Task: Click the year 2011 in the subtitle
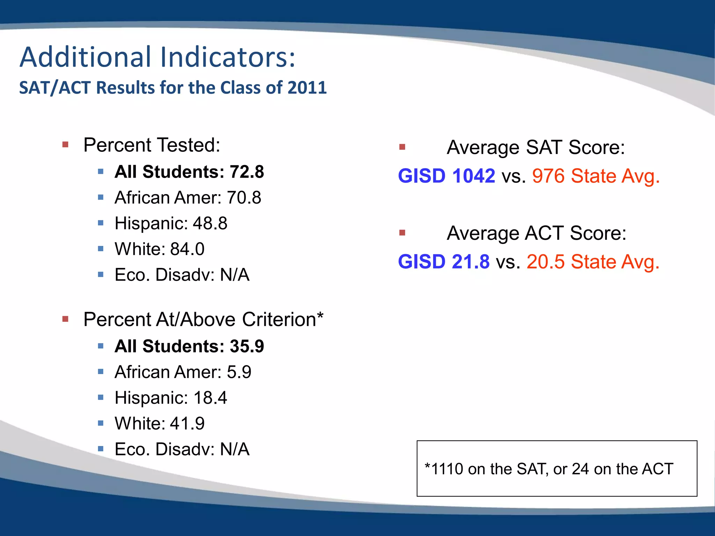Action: tap(307, 88)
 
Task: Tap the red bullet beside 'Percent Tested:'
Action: tap(65, 144)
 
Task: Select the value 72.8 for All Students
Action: tap(246, 172)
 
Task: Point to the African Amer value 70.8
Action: tap(244, 198)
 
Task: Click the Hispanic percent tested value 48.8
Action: tap(210, 223)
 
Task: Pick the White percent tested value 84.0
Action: tap(187, 249)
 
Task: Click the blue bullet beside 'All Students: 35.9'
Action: tap(101, 346)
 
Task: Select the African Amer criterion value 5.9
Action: tap(239, 372)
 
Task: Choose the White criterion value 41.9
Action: tap(187, 424)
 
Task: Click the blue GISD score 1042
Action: tap(473, 176)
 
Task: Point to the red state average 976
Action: tap(548, 176)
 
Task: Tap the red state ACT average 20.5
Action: tap(545, 262)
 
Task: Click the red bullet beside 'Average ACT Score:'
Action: tap(402, 233)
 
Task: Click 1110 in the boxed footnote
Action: tap(447, 469)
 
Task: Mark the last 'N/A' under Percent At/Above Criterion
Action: tap(235, 449)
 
